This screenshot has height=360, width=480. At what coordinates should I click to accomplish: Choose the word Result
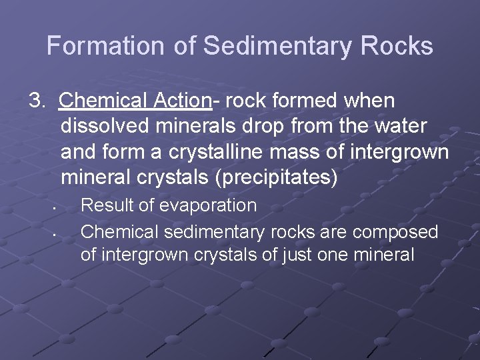click(x=105, y=205)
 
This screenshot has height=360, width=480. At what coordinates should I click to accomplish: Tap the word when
click(x=369, y=101)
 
